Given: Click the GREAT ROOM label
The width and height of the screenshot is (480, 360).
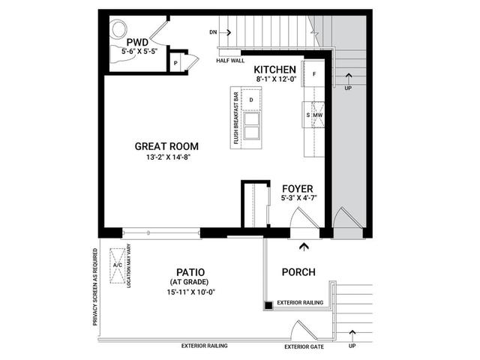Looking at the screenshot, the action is click(x=166, y=146).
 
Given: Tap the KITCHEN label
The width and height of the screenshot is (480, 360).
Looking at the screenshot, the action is click(x=275, y=70).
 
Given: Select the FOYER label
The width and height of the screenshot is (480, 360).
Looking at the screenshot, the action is click(x=298, y=188).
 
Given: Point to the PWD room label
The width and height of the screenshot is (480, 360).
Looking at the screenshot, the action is click(x=137, y=42).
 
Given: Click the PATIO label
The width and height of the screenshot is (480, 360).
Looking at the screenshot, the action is click(x=190, y=272).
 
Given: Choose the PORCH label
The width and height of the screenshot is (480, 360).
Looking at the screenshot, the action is click(x=298, y=272).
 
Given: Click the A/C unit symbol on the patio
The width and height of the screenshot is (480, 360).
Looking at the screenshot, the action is click(x=118, y=265).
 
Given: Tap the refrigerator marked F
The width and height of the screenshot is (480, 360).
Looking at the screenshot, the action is click(x=314, y=73).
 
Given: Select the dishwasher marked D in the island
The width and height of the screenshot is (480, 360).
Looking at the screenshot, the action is click(x=251, y=100).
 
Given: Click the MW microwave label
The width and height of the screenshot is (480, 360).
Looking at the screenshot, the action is click(x=317, y=115).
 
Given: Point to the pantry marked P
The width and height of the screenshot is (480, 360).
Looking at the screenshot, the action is click(x=175, y=63).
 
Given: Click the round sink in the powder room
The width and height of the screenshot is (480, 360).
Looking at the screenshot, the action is click(x=118, y=29).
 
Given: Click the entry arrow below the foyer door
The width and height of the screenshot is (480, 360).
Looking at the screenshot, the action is click(x=304, y=247).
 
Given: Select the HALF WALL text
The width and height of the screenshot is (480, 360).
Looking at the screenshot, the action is click(x=230, y=61).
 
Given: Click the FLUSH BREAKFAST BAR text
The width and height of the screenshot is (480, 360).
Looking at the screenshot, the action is click(x=236, y=118).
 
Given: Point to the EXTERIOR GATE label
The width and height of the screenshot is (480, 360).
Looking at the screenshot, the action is click(x=304, y=346).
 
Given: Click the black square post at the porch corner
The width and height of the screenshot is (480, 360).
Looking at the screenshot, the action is click(x=268, y=305).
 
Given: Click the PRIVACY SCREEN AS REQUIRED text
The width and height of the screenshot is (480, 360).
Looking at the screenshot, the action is click(x=95, y=286).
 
